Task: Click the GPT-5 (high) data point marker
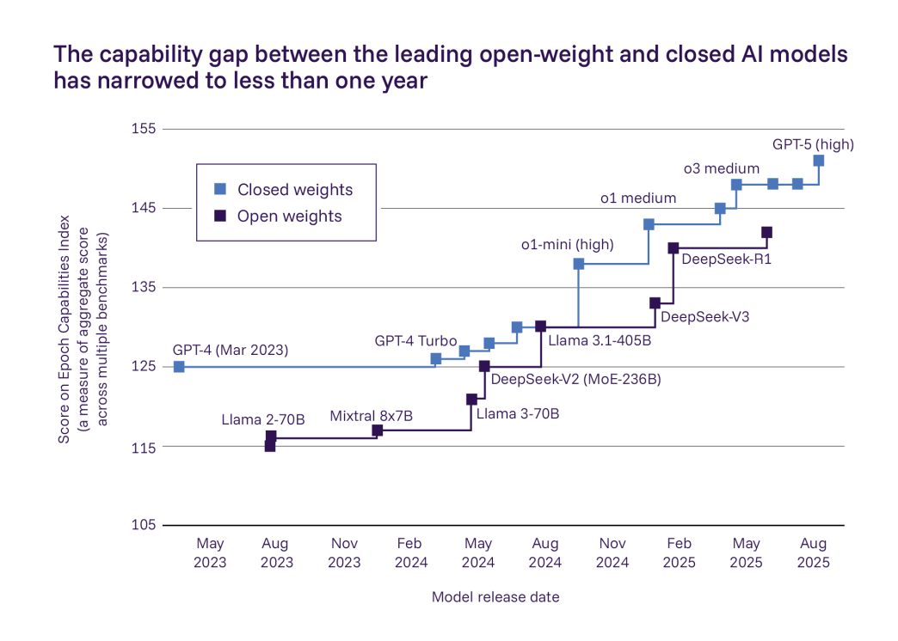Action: pyautogui.click(x=818, y=161)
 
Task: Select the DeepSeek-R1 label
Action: pyautogui.click(x=726, y=257)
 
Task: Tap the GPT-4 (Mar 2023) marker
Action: pyautogui.click(x=179, y=367)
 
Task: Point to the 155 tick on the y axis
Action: pyautogui.click(x=144, y=129)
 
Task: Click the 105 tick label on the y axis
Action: pyautogui.click(x=144, y=526)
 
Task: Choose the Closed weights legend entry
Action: pyautogui.click(x=295, y=190)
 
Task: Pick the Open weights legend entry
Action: pyautogui.click(x=290, y=217)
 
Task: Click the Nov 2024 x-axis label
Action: pyautogui.click(x=612, y=552)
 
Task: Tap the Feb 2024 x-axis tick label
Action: pyautogui.click(x=410, y=552)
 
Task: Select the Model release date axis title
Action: pyautogui.click(x=495, y=597)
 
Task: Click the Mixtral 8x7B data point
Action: pyautogui.click(x=377, y=430)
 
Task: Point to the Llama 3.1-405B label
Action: pyautogui.click(x=600, y=340)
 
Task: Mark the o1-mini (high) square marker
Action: pyautogui.click(x=579, y=264)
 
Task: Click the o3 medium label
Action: pyautogui.click(x=722, y=168)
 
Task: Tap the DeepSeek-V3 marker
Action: pyautogui.click(x=655, y=303)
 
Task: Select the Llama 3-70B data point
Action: pyautogui.click(x=471, y=400)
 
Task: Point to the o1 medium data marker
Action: pyautogui.click(x=649, y=224)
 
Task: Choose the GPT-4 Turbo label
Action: pyautogui.click(x=415, y=341)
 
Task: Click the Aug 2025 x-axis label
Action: pyautogui.click(x=814, y=552)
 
